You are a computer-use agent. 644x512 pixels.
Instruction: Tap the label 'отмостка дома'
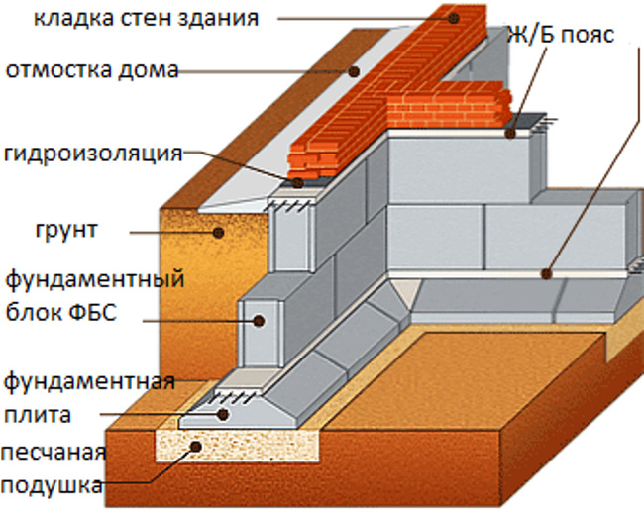point(91,70)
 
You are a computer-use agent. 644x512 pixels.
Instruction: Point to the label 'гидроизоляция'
point(93,154)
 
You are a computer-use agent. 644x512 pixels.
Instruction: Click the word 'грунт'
point(63,231)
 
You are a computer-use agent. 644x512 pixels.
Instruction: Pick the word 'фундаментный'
point(95,279)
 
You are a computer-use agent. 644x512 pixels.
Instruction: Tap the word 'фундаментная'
point(89,380)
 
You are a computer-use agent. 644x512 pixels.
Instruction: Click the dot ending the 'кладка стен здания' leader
point(451,18)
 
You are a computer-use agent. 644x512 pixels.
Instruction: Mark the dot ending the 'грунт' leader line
point(218,233)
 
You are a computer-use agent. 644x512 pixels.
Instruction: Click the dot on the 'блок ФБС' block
point(258,320)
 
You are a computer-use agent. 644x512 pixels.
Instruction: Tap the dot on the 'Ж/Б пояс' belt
point(510,131)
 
